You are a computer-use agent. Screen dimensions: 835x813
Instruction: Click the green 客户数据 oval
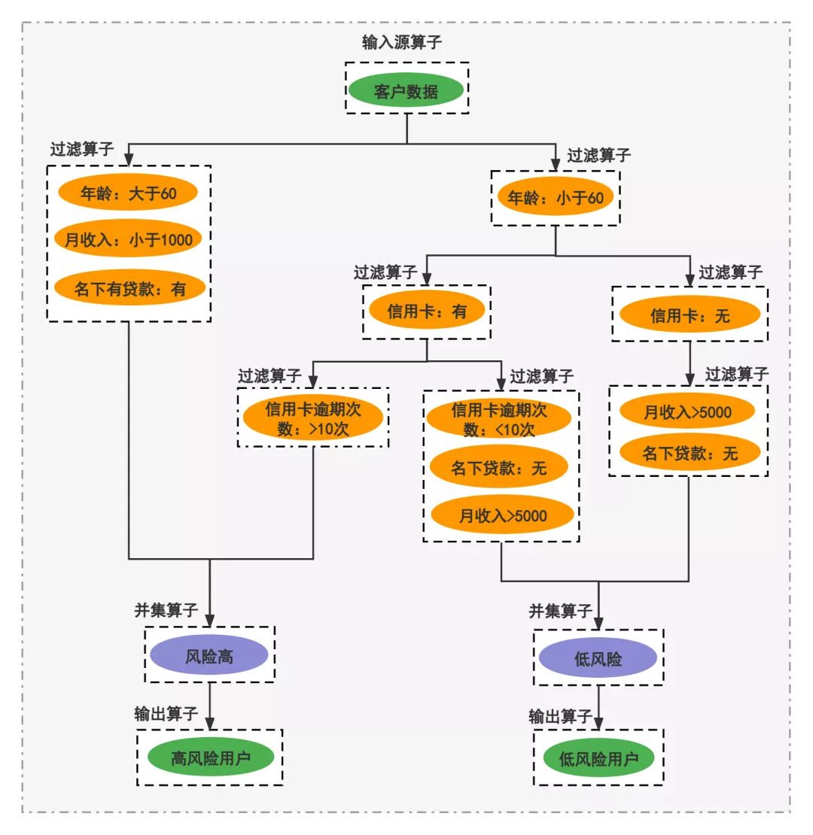(x=406, y=92)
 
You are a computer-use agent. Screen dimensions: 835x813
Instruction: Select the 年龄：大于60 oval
(x=128, y=193)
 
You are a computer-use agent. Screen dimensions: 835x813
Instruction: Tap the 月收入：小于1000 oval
(x=128, y=241)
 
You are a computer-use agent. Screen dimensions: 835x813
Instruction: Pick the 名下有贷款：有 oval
(x=129, y=288)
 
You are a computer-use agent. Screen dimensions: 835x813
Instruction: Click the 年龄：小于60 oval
(x=555, y=198)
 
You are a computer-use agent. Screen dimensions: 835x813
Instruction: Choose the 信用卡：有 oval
(x=427, y=311)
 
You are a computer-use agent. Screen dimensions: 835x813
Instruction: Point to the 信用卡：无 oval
(x=690, y=316)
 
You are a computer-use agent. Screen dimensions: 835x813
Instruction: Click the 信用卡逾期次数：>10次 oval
(x=313, y=419)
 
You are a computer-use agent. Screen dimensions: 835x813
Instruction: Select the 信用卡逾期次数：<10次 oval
(x=500, y=420)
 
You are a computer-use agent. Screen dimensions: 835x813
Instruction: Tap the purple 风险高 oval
(x=209, y=657)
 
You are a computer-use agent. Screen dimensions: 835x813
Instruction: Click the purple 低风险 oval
(x=598, y=659)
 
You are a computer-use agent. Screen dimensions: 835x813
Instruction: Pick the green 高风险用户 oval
(x=209, y=758)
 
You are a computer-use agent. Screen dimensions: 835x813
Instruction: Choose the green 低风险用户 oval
(x=598, y=758)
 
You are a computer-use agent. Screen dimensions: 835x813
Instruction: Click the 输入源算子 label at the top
(x=401, y=42)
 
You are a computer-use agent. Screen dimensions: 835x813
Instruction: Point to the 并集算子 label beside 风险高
(x=166, y=610)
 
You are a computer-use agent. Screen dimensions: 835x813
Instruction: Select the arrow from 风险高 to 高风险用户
(x=209, y=706)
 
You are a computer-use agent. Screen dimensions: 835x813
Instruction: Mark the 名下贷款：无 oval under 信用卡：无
(x=690, y=454)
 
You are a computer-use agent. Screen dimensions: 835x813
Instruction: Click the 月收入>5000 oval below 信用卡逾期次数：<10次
(x=503, y=515)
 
